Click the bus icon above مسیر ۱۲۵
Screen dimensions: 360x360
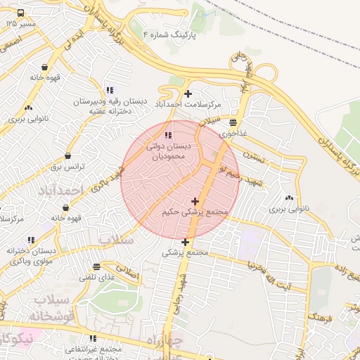[20, 13]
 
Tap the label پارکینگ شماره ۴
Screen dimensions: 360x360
[171, 33]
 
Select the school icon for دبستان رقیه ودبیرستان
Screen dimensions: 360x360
[109, 90]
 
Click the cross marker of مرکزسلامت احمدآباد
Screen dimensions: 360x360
[188, 94]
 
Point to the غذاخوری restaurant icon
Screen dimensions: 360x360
[233, 122]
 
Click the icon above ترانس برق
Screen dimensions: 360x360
[67, 156]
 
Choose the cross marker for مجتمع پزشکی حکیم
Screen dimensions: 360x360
[195, 202]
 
